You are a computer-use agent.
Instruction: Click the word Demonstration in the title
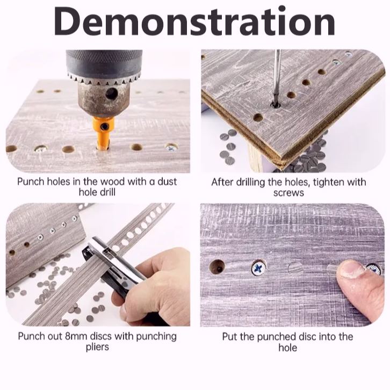(194, 21)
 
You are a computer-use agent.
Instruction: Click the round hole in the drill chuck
(111, 94)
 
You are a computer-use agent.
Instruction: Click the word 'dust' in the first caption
(167, 182)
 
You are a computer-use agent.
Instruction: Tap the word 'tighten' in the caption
(329, 182)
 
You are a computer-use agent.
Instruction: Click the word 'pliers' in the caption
(97, 347)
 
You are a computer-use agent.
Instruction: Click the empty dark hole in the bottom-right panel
(217, 266)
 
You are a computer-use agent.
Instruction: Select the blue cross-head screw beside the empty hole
(258, 269)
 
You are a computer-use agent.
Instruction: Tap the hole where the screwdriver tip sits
(275, 105)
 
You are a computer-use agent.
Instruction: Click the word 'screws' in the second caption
(288, 193)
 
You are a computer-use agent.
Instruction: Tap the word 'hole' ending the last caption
(287, 348)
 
